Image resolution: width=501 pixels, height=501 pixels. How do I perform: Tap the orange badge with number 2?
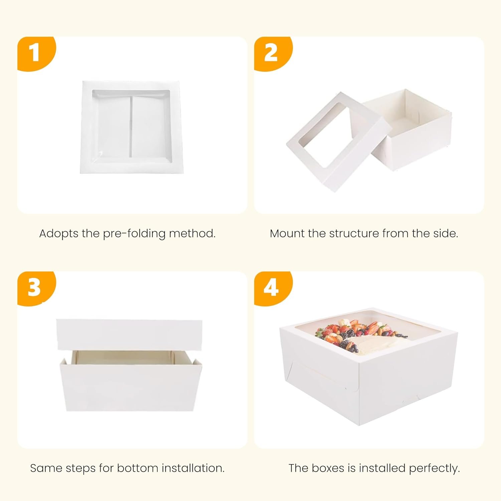coord(273,53)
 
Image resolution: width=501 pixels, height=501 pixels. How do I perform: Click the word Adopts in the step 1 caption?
coord(59,233)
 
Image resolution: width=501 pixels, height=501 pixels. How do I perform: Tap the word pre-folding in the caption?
coord(134,233)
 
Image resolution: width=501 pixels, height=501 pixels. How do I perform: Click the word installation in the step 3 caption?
coord(193,468)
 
